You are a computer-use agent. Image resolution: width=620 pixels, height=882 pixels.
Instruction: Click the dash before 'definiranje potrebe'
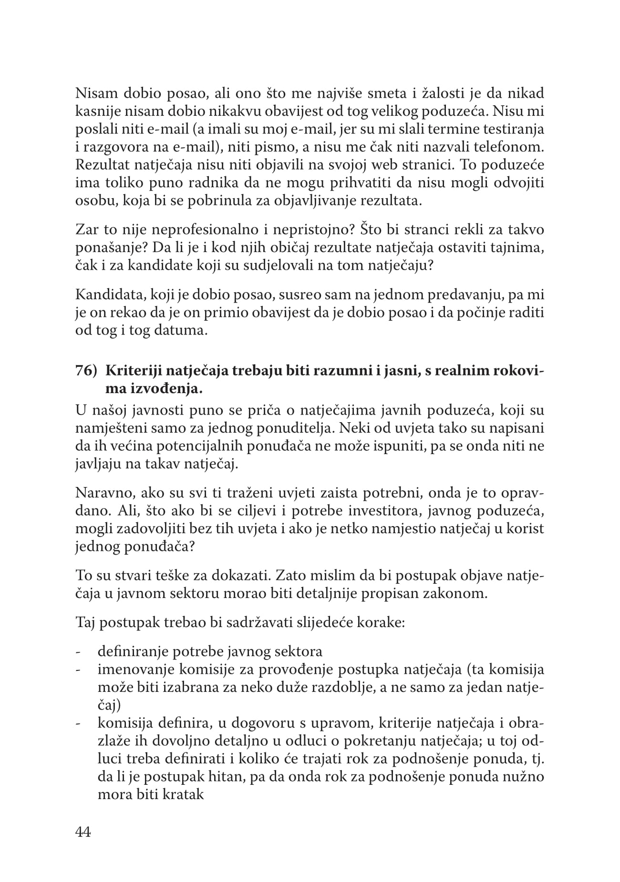pos(78,652)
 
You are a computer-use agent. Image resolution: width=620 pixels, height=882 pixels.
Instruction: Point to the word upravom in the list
pos(339,723)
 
